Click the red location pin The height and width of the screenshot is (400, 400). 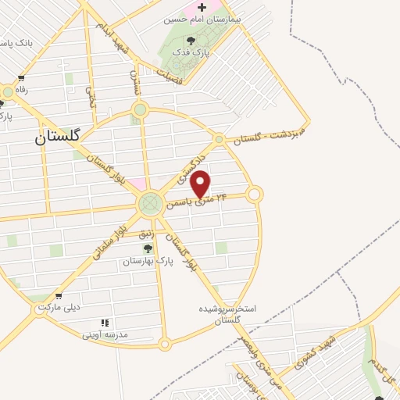coord(201,184)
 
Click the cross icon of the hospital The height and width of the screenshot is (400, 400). coord(202,6)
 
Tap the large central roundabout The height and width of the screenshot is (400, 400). coord(150,205)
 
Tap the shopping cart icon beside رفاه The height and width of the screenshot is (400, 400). coord(20,78)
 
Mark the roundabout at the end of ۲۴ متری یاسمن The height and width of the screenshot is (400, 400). coord(254,194)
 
